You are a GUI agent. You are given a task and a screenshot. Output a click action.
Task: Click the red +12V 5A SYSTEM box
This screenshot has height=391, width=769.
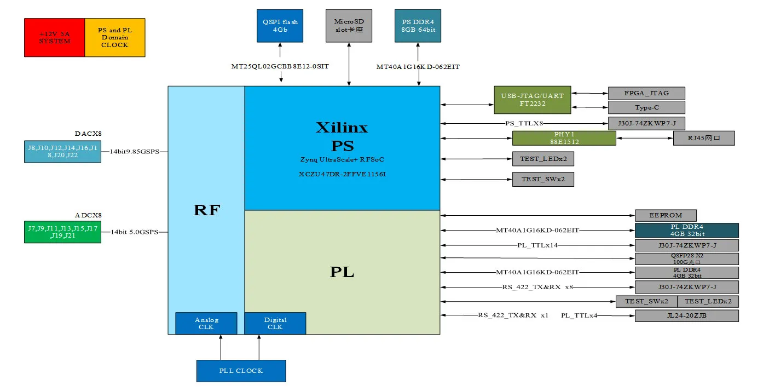tap(54, 37)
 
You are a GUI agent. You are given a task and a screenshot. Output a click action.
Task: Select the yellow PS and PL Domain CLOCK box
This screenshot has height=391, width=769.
tap(114, 37)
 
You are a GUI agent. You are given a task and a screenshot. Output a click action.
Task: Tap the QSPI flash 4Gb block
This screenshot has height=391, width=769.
tap(280, 26)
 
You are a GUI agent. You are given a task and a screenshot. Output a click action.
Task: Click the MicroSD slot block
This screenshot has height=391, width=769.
tap(349, 26)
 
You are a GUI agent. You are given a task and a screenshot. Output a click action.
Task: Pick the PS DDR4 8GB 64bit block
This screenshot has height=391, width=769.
tap(418, 26)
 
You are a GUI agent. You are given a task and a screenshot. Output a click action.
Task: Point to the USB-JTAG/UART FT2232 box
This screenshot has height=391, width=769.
tap(532, 100)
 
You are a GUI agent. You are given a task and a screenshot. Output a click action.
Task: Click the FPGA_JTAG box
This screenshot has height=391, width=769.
tap(646, 93)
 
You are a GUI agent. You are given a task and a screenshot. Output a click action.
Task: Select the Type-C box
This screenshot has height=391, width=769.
tap(646, 107)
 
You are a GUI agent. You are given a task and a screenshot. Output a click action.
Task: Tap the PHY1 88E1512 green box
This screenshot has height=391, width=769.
tap(564, 138)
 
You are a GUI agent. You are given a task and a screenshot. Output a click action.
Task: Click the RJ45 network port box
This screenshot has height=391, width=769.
tap(703, 138)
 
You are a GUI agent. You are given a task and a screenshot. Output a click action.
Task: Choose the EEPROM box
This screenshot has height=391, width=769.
tap(666, 215)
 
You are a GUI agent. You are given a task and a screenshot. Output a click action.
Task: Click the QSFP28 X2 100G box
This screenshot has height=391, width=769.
tap(686, 258)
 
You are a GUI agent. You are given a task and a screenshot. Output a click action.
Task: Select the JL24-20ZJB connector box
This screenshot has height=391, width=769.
tap(686, 316)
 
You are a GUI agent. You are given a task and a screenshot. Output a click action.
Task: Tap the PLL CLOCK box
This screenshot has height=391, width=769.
tap(241, 371)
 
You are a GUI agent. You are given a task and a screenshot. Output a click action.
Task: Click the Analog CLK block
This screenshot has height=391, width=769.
tap(206, 323)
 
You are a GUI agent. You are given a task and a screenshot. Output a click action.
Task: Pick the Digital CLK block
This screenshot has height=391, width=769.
tap(275, 323)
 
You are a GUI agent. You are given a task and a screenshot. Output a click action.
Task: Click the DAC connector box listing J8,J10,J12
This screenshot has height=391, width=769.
tap(62, 151)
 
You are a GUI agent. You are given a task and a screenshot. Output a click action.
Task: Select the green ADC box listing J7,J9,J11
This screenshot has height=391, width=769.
tap(62, 232)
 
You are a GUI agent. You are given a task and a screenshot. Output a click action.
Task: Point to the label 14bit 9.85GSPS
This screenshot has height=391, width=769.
tap(134, 152)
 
